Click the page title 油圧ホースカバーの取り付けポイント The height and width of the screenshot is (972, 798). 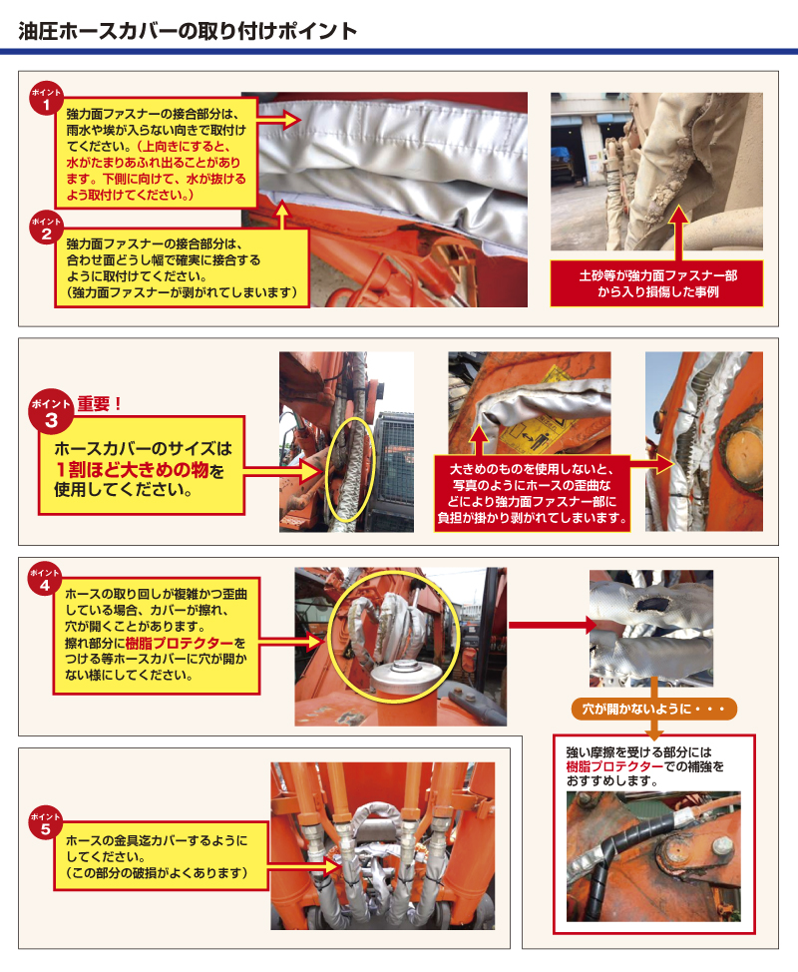[188, 31]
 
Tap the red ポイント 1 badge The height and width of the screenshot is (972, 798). [47, 98]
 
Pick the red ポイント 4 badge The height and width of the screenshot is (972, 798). [46, 580]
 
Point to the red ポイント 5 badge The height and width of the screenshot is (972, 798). [46, 823]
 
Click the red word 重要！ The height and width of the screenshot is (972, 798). [100, 405]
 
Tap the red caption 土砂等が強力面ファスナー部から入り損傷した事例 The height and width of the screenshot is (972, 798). [657, 283]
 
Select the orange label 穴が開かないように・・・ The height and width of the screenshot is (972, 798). [652, 710]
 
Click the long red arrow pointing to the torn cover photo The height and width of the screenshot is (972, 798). [549, 626]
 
